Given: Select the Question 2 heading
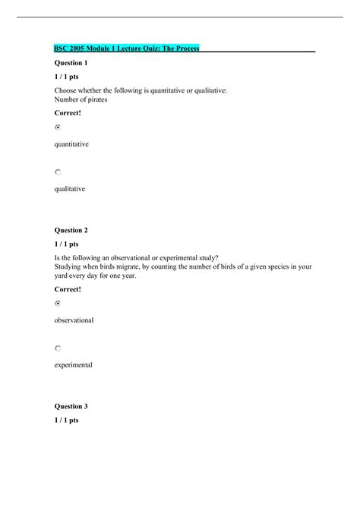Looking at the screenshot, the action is click(71, 229).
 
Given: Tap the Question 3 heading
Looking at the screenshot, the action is click(71, 406).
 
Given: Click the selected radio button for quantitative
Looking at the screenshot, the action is click(58, 128).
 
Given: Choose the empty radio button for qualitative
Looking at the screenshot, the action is click(58, 173).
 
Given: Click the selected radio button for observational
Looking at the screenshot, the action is click(58, 304).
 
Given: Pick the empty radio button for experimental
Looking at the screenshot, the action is click(58, 348).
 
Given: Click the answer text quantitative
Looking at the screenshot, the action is click(71, 143).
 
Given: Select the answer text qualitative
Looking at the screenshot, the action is click(69, 188).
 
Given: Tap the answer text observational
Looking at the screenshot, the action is click(74, 320).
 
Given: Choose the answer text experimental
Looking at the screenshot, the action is click(73, 365).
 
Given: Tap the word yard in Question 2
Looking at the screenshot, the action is click(61, 275).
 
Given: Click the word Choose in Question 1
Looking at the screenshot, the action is click(66, 90).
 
